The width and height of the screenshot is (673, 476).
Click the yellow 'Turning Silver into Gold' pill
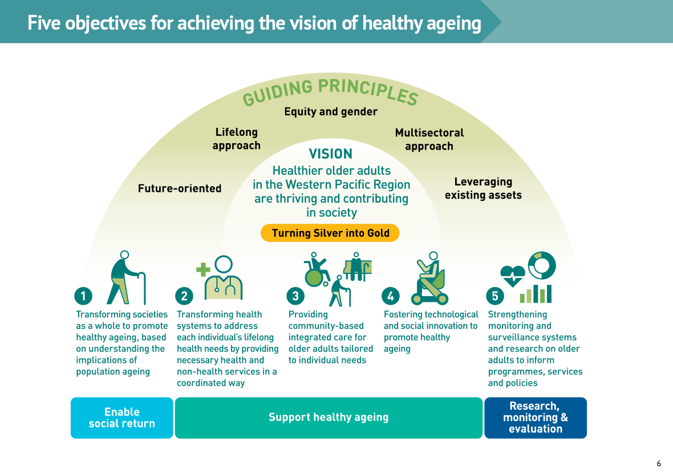pos(330,233)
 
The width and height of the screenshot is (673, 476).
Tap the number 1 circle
pos(83,296)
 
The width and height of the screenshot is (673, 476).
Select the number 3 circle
pos(295,296)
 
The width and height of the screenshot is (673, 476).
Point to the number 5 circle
pos(495,296)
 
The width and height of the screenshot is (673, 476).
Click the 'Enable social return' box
pos(122,418)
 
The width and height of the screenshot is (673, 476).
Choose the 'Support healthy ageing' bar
pos(329,418)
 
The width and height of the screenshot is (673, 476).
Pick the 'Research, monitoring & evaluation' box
pos(536,418)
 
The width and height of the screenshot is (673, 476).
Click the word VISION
pos(330,154)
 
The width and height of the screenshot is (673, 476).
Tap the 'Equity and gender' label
pos(331,112)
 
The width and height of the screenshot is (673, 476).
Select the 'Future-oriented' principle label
pos(180,188)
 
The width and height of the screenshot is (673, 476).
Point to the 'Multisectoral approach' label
pos(429,139)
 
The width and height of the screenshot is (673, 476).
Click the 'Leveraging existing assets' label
pos(483,188)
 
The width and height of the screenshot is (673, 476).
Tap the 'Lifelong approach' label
pos(237,139)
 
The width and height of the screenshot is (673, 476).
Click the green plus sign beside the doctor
pos(203,270)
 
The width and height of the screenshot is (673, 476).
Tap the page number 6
pos(659,464)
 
